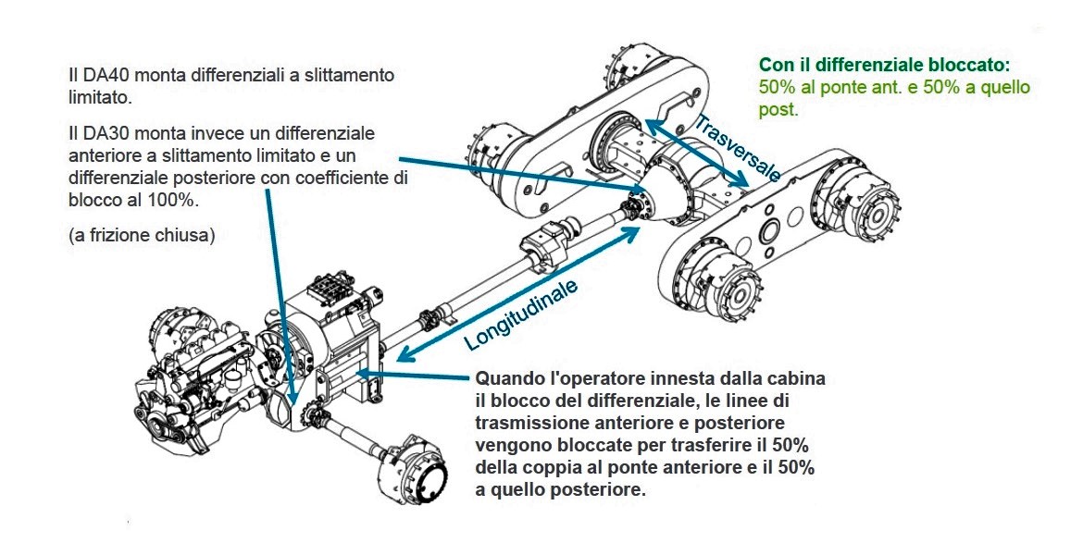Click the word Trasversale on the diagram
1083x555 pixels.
(x=737, y=147)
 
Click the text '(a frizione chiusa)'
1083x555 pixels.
(x=142, y=235)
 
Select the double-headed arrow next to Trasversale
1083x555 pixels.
(x=696, y=154)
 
